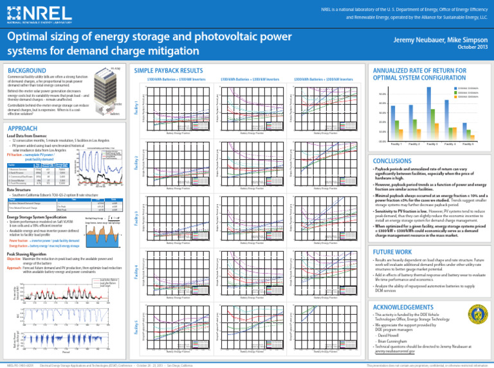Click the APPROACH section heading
(25, 128)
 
